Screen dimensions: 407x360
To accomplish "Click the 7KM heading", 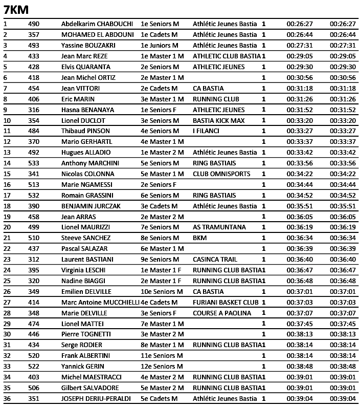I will pos(16,10).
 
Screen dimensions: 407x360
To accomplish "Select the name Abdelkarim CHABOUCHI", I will pos(97,24).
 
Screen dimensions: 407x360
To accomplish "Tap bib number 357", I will pos(34,35).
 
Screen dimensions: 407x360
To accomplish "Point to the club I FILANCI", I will pos(206,131).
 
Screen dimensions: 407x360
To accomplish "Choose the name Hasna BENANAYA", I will pos(87,110).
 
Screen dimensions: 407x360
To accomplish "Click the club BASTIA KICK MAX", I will pos(219,120).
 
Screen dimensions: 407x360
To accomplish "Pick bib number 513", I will pos(34,184).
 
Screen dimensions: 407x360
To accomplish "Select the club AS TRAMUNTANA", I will pos(219,227).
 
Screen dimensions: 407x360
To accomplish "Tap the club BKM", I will pos(200,238).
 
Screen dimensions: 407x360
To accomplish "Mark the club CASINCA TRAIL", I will pos(215,259).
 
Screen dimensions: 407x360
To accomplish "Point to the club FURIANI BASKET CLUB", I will pos(226,302).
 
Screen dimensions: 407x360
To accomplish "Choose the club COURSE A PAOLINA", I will pos(222,313).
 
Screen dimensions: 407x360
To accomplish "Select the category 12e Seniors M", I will pos(161,366).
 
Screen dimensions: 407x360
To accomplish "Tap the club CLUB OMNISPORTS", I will pos(221,174).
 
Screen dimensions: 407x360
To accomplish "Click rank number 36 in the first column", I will pos(7,398).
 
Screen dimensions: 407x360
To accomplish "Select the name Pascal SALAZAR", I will pos(85,248).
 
